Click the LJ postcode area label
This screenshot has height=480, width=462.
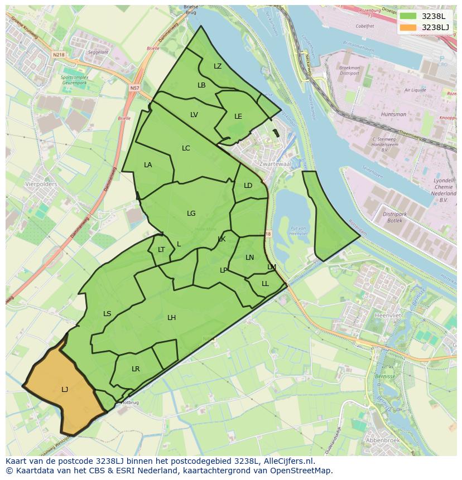(65, 390)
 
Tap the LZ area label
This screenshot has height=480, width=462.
(218, 66)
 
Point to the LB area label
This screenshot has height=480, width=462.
(201, 85)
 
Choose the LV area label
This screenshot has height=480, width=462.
(194, 115)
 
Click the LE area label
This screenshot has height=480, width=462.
(238, 117)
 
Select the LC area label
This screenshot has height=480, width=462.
(186, 148)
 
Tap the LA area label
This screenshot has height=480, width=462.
(148, 165)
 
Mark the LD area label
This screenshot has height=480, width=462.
(248, 186)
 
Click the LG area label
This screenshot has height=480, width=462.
(191, 214)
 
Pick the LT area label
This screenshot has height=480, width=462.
(161, 250)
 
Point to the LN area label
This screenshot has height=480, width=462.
(249, 258)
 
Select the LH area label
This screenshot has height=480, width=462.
(171, 318)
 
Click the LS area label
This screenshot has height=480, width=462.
(107, 314)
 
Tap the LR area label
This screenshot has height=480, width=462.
(136, 369)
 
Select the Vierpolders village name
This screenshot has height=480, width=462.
(41, 183)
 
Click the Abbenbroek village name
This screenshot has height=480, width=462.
(382, 440)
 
